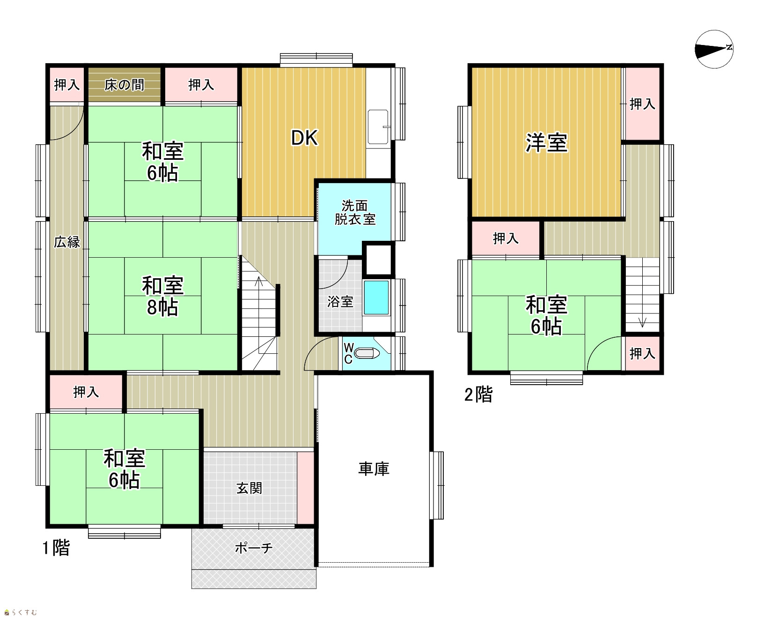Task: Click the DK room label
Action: click(305, 138)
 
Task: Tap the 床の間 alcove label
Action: click(124, 85)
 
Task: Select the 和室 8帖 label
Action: click(162, 297)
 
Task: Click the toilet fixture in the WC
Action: click(368, 353)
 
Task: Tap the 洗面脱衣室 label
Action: click(355, 213)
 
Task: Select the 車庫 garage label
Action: click(374, 469)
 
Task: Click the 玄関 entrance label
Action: click(249, 488)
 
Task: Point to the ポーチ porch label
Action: click(254, 548)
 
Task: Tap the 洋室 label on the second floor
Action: click(546, 142)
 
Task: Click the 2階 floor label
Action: click(478, 394)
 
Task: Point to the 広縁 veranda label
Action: click(67, 242)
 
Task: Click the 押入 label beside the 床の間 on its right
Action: click(201, 85)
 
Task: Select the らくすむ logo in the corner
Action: click(20, 612)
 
